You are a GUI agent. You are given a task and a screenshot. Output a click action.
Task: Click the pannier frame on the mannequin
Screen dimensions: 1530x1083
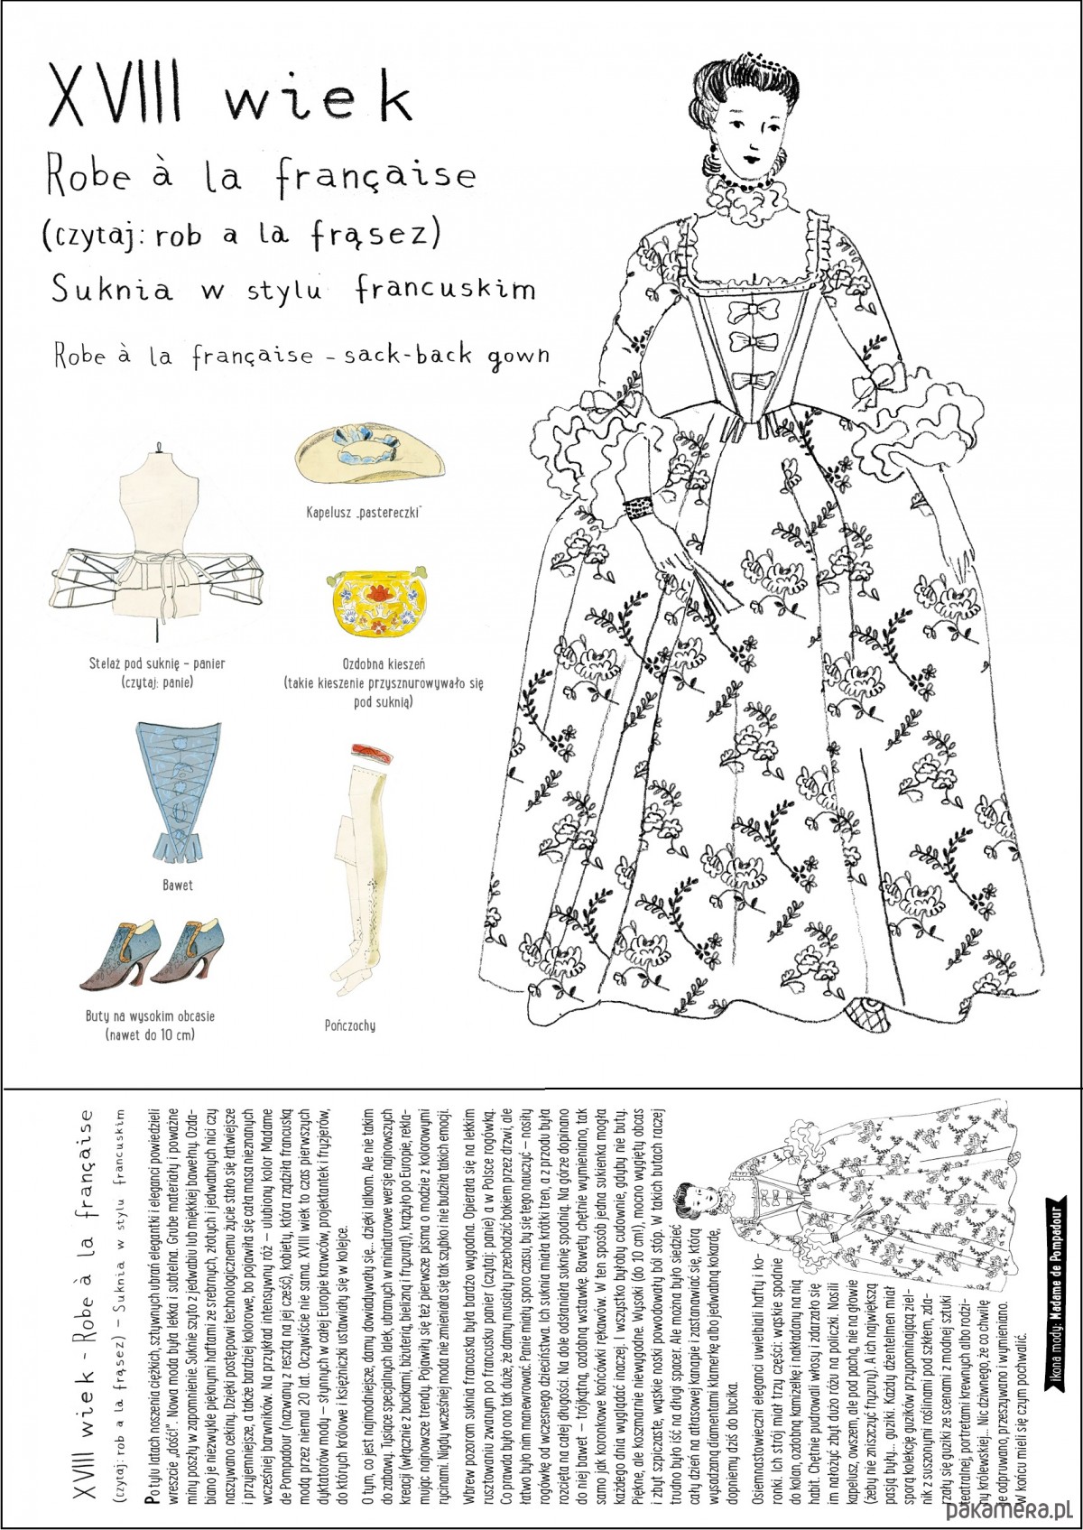tap(159, 564)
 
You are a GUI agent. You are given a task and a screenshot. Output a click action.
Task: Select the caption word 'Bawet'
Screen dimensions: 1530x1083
tap(177, 886)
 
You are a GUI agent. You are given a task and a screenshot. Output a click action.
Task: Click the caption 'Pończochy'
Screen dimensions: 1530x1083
tap(349, 1025)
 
